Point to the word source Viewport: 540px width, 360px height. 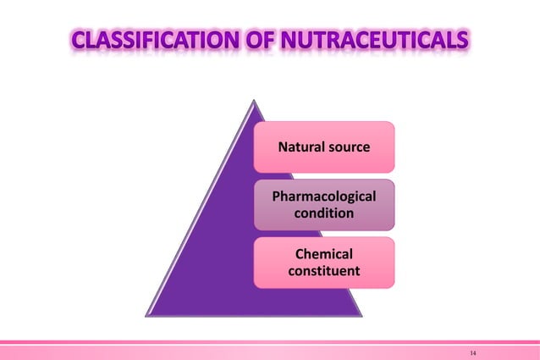coord(348,147)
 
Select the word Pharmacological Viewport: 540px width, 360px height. coord(323,198)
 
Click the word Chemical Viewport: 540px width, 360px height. coord(323,255)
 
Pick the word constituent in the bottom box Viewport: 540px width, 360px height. coord(323,271)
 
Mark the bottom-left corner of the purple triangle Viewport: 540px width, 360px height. coord(147,315)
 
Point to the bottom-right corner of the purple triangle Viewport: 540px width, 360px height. coord(361,315)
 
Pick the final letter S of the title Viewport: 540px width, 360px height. coord(461,41)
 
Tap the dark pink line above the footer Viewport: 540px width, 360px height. coord(270,341)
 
